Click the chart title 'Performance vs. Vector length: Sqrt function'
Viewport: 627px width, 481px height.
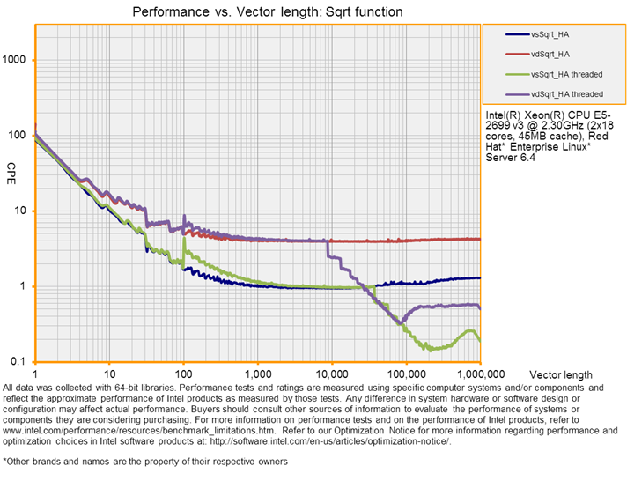tap(267, 12)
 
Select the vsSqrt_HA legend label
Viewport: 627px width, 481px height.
tap(550, 34)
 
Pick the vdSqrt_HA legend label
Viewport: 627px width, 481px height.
tap(550, 54)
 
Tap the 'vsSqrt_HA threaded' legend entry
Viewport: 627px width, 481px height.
tap(566, 74)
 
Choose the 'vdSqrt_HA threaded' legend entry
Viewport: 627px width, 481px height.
tap(566, 93)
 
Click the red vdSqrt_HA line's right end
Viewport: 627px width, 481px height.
tap(480, 239)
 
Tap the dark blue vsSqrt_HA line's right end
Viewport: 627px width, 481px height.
tap(480, 277)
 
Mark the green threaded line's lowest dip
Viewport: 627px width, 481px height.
tap(429, 349)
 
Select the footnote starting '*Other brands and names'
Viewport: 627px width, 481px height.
tap(145, 461)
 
